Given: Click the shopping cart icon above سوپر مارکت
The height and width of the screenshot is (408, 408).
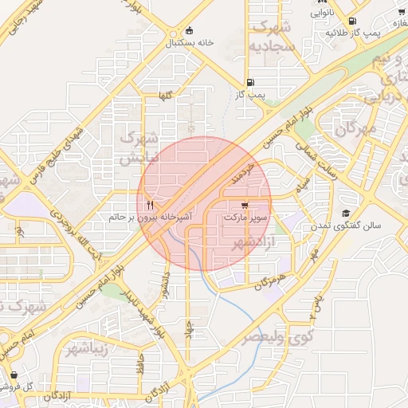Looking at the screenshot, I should pyautogui.click(x=254, y=205).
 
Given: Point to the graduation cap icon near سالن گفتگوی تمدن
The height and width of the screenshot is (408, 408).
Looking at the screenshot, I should pyautogui.click(x=346, y=214).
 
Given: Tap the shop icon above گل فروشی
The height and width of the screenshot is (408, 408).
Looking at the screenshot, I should pyautogui.click(x=14, y=375).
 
